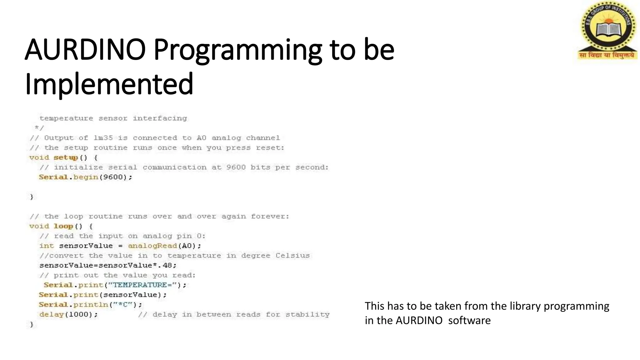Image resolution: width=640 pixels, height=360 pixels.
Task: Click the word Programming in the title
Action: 237,50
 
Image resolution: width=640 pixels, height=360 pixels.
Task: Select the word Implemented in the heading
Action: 109,84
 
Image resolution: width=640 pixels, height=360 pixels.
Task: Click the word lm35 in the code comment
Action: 103,138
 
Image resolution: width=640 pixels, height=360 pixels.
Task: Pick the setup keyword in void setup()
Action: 66,157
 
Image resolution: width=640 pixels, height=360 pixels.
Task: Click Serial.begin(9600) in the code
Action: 85,177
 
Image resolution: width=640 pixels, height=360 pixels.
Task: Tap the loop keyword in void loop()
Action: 63,226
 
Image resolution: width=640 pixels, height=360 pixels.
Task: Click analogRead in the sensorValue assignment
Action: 152,246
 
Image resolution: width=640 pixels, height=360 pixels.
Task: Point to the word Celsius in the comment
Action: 292,256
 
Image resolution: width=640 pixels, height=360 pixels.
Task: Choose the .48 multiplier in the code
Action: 167,265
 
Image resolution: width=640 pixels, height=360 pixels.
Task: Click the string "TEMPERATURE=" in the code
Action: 144,285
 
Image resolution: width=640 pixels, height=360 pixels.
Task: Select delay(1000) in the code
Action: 68,314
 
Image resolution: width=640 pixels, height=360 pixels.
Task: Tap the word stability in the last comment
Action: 307,314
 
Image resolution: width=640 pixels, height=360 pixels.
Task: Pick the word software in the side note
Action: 469,320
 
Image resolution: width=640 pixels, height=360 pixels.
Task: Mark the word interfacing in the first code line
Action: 160,118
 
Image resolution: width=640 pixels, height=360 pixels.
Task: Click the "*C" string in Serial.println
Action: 123,305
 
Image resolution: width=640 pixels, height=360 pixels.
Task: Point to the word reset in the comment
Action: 269,148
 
